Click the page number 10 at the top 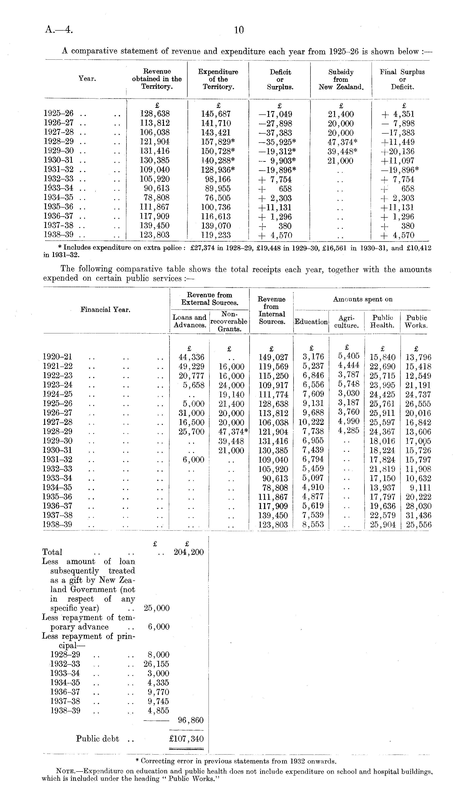pyautogui.click(x=239, y=30)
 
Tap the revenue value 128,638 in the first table pyautogui.click(x=155, y=114)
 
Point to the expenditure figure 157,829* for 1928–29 pyautogui.click(x=218, y=142)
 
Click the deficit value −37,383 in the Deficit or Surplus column pyautogui.click(x=275, y=133)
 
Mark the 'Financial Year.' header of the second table pyautogui.click(x=105, y=310)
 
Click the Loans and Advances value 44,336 pyautogui.click(x=191, y=357)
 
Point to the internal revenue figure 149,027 pyautogui.click(x=273, y=357)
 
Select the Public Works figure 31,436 pyautogui.click(x=418, y=515)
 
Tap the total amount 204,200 pyautogui.click(x=188, y=552)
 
